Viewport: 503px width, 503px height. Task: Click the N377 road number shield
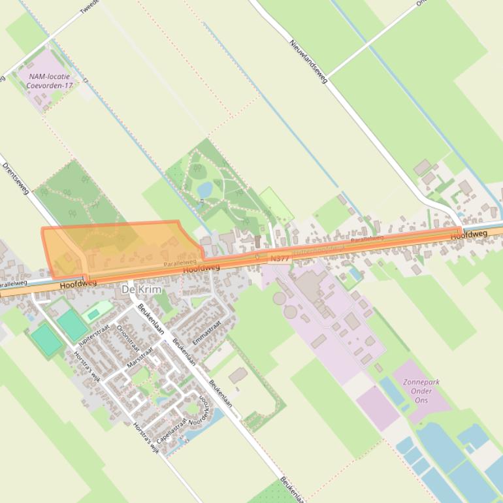[x=279, y=259]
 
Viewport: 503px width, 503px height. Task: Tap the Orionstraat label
[x=127, y=339]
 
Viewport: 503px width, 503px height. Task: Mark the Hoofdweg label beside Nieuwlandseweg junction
[x=468, y=234]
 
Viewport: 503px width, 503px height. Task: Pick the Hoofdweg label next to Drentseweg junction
[x=77, y=284]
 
